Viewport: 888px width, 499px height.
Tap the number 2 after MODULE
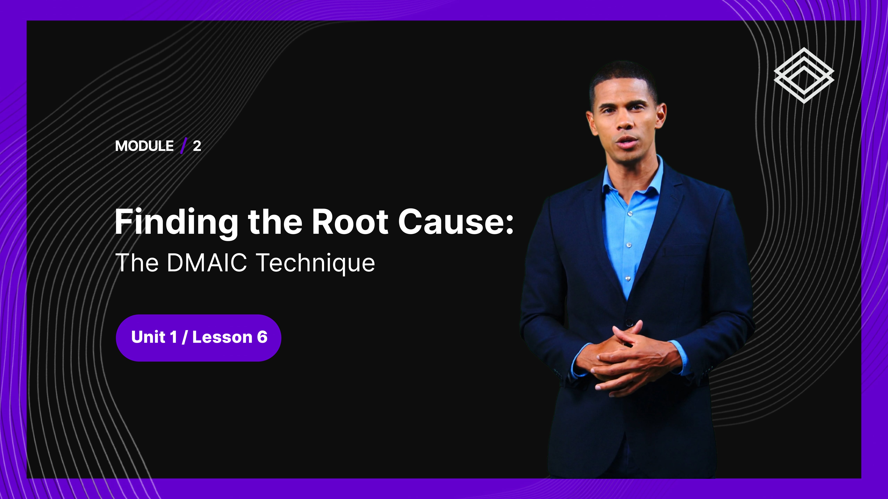click(x=197, y=146)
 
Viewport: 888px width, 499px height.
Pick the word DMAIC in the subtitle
click(x=207, y=262)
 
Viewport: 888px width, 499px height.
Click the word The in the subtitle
click(x=137, y=262)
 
